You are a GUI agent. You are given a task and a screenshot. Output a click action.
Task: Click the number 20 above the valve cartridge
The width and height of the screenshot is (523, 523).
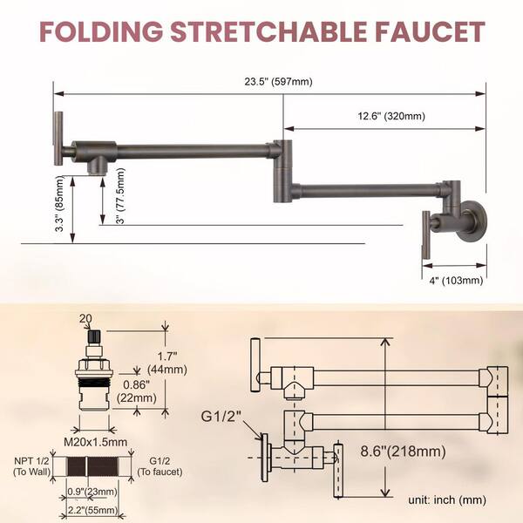pos(85,319)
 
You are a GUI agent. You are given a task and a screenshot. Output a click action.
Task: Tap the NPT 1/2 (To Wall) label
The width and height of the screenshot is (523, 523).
pos(32,465)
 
